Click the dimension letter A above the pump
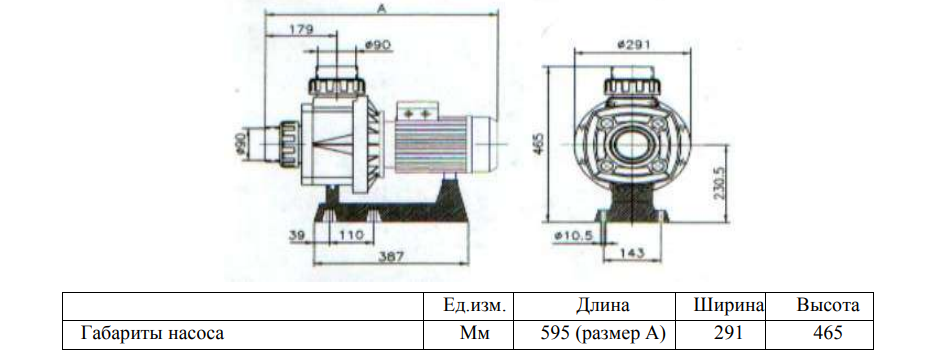pyautogui.click(x=380, y=7)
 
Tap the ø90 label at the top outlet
pyautogui.click(x=378, y=45)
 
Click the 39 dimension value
pyautogui.click(x=298, y=235)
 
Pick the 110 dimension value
pyautogui.click(x=351, y=235)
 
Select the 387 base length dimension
pyautogui.click(x=391, y=256)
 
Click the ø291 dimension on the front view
pyautogui.click(x=633, y=44)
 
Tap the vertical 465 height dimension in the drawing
pyautogui.click(x=538, y=144)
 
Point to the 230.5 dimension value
pyautogui.click(x=720, y=182)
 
